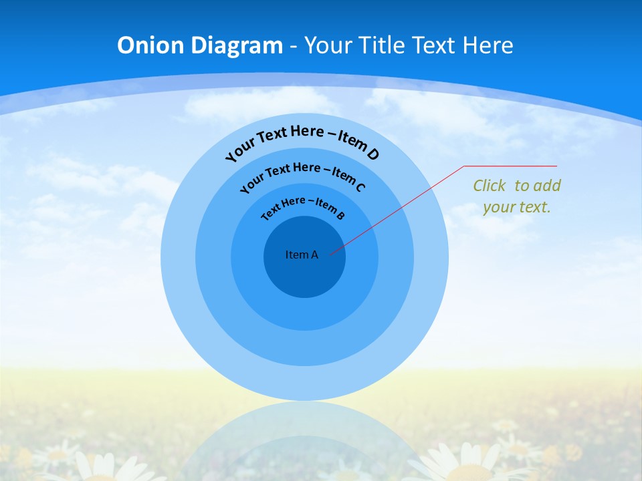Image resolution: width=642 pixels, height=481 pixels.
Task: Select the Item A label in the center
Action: pyautogui.click(x=302, y=255)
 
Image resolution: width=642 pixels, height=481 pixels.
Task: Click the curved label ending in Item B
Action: pyautogui.click(x=303, y=206)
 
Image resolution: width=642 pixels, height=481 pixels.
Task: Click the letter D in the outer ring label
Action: pyautogui.click(x=372, y=154)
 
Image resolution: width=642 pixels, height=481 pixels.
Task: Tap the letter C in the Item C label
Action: pyautogui.click(x=360, y=187)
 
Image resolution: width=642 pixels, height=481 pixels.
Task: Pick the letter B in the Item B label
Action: pyautogui.click(x=340, y=215)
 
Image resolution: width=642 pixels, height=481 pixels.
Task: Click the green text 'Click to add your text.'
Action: pyautogui.click(x=517, y=196)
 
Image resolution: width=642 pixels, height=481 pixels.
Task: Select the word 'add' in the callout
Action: pyautogui.click(x=546, y=186)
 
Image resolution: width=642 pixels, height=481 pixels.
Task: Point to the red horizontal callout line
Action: pyautogui.click(x=510, y=166)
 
